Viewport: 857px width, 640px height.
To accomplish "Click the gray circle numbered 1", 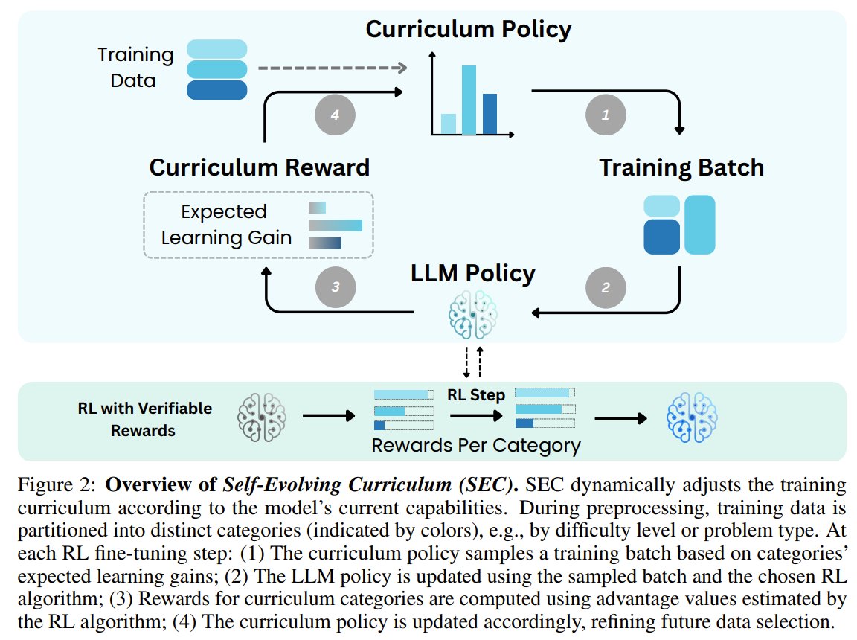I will (605, 115).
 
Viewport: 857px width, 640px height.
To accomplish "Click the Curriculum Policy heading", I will (468, 29).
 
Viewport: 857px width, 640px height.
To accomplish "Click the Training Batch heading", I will (681, 167).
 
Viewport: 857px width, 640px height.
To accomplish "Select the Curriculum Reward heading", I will (259, 167).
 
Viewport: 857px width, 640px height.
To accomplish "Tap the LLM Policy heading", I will (473, 273).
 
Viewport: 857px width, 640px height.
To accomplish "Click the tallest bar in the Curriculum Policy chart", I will (469, 100).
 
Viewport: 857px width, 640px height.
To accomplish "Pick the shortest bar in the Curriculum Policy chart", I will (448, 124).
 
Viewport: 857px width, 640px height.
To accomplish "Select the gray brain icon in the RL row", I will (261, 417).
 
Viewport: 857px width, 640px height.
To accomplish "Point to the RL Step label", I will (475, 394).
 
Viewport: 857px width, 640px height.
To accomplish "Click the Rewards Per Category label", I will (476, 446).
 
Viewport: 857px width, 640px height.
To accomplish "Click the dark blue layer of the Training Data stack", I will (216, 90).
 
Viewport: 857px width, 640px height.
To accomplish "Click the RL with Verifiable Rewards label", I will (144, 419).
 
